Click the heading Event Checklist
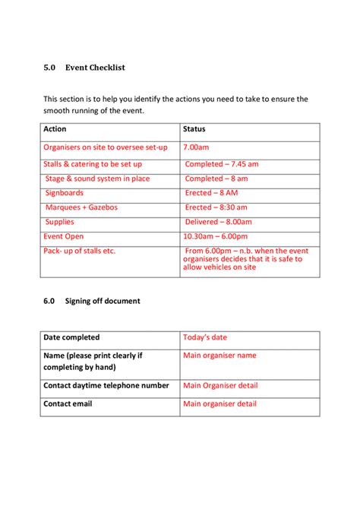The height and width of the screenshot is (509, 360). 95,68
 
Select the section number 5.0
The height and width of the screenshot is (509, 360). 50,68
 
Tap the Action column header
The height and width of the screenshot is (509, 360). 55,129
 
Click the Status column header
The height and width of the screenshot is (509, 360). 194,129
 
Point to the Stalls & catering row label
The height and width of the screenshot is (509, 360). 93,164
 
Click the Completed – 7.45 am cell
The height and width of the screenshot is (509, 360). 222,164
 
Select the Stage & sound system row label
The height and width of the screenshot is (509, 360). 97,179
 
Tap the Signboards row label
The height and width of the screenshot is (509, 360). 65,193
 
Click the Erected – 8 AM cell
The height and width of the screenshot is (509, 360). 216,193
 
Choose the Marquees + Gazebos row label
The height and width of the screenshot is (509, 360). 81,207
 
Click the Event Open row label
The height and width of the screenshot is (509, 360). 64,236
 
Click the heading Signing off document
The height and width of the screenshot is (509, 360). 102,301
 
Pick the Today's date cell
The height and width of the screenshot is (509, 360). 205,337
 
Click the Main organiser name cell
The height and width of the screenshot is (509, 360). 219,355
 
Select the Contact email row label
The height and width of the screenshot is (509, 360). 68,403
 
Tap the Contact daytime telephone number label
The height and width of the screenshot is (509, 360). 106,386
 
